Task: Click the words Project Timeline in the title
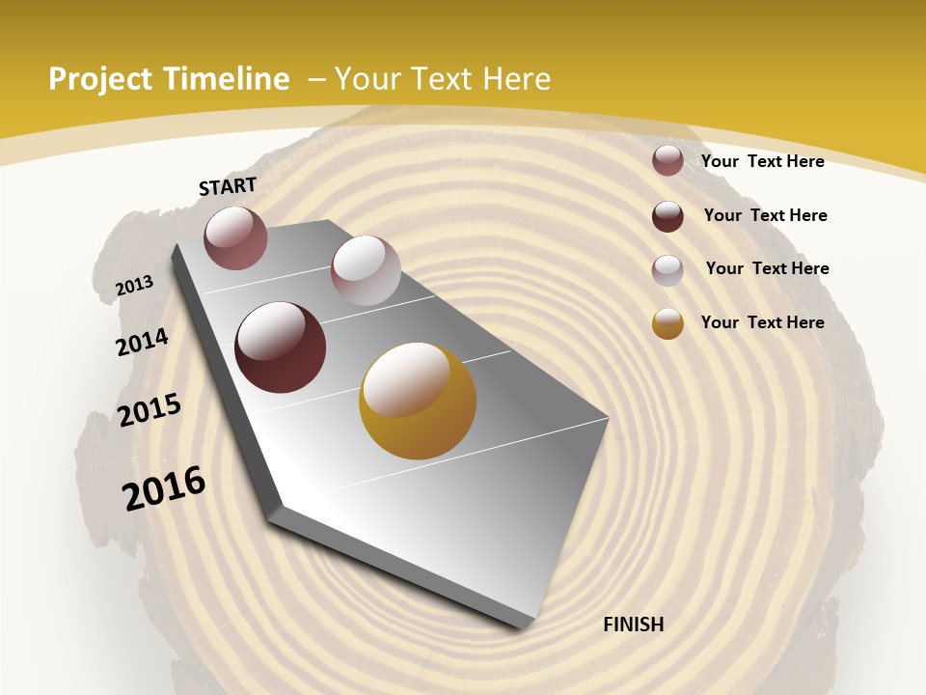point(169,79)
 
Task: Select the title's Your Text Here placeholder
point(443,79)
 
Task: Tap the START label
point(228,186)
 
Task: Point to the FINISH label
point(633,625)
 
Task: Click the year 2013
point(134,286)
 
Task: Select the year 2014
point(142,342)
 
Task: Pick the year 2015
point(150,410)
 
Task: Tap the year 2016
point(164,488)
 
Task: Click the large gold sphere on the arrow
point(418,401)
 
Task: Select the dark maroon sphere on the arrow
point(281,347)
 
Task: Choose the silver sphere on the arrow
point(366,270)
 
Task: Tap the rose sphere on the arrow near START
point(235,237)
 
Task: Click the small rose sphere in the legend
point(667,160)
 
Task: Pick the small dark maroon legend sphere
point(667,216)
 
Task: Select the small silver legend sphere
point(667,270)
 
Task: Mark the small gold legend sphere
point(667,323)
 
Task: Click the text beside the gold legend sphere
point(762,322)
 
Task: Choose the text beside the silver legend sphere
point(767,268)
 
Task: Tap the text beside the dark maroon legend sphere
point(765,215)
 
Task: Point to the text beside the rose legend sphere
point(762,161)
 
